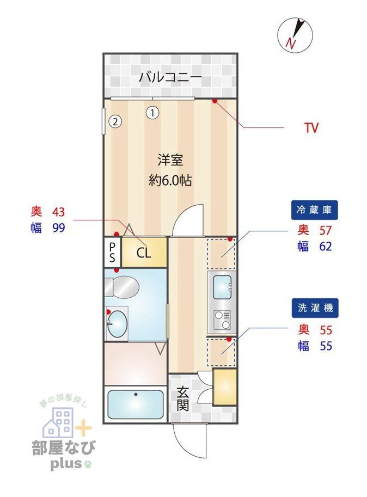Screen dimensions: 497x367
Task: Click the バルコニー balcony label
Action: (x=170, y=77)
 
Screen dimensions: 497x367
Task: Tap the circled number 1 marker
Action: (x=153, y=113)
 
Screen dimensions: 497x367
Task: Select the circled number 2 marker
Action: (x=115, y=121)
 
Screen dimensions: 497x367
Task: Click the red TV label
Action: (x=311, y=128)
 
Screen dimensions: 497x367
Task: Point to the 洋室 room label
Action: (x=170, y=160)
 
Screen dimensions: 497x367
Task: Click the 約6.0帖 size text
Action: (x=170, y=181)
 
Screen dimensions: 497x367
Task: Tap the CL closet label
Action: (x=143, y=253)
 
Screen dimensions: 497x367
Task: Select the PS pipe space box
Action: (x=112, y=252)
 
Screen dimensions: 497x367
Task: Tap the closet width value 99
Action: (x=58, y=228)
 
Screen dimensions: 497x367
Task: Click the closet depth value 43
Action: (x=58, y=212)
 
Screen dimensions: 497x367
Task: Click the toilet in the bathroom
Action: (x=121, y=286)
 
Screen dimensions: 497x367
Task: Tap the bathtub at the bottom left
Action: (x=135, y=404)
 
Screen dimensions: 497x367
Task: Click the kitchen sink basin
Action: (x=222, y=287)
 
